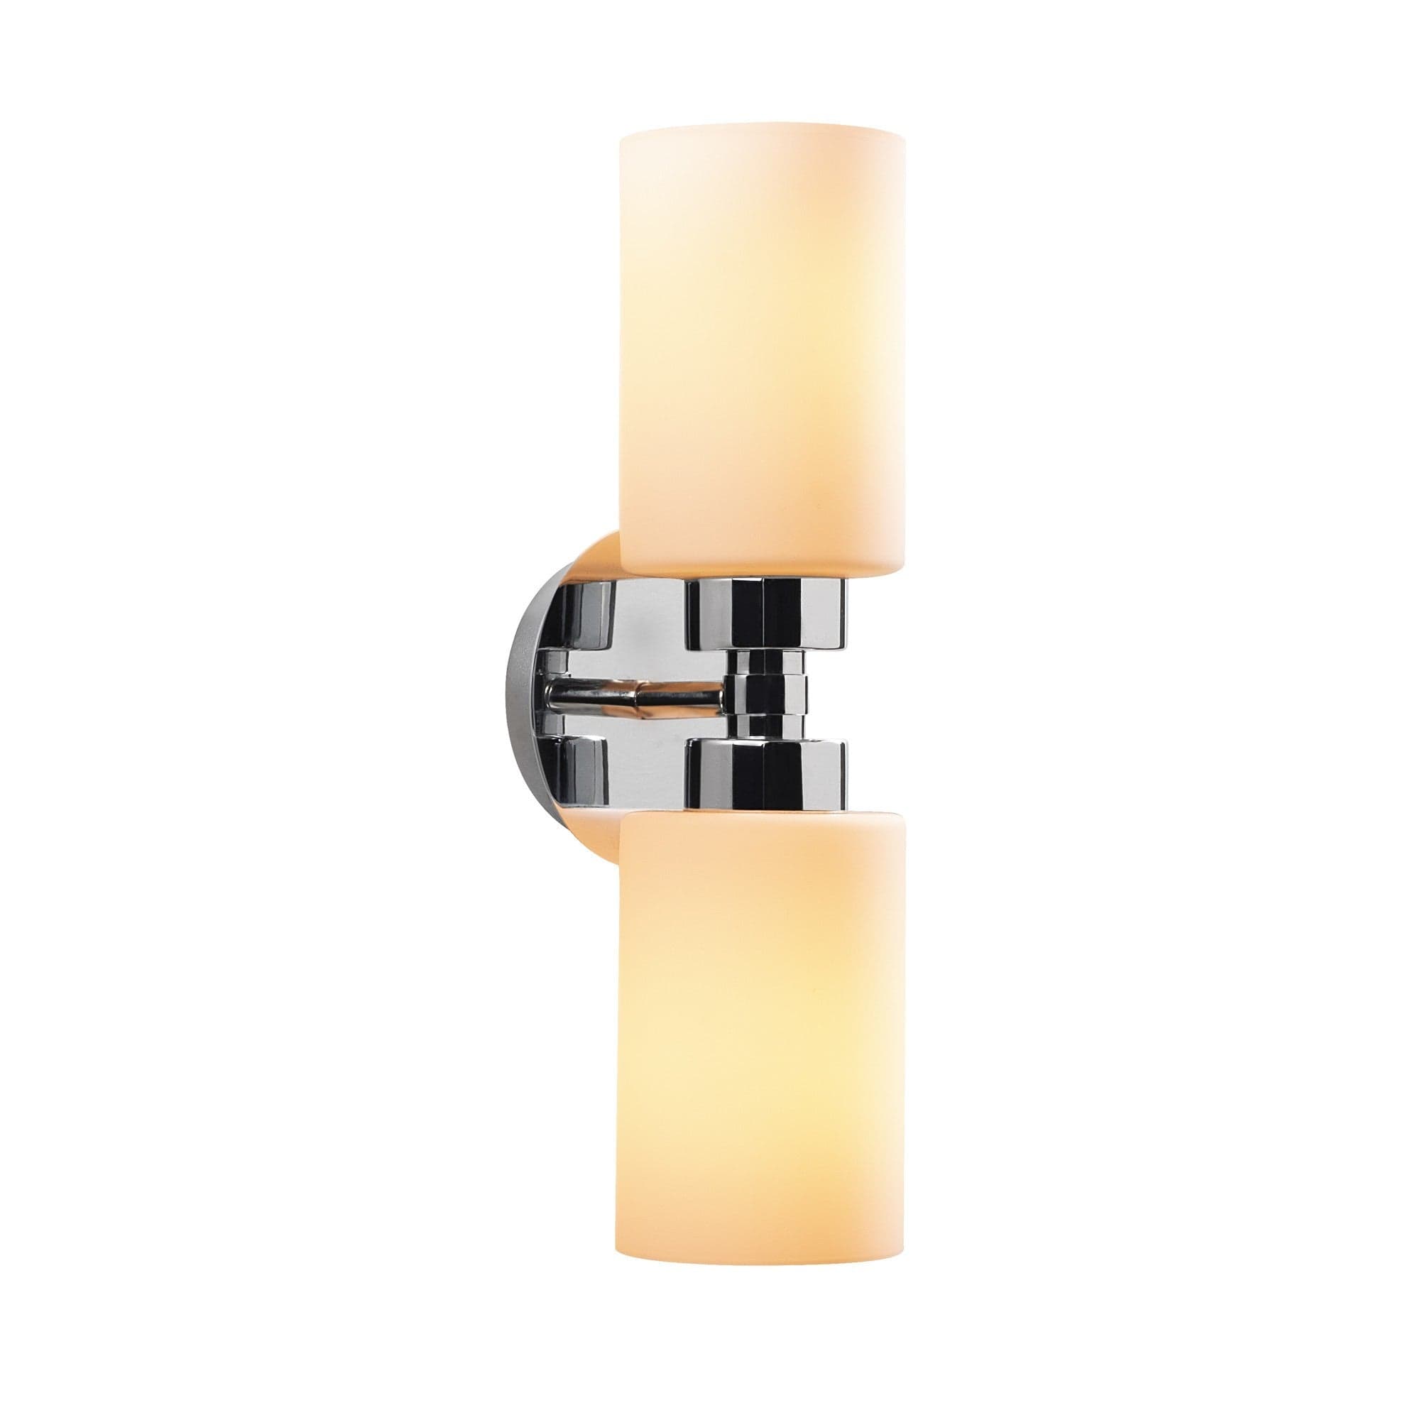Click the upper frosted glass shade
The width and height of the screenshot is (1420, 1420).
click(763, 346)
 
